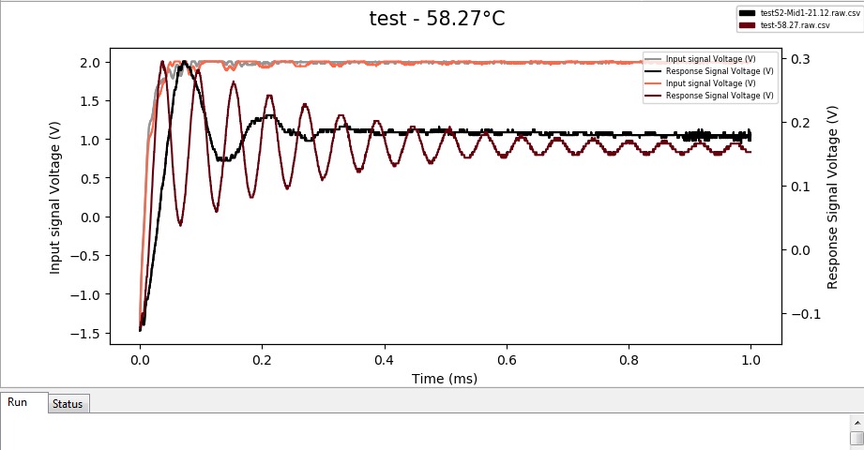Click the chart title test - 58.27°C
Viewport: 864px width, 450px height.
pyautogui.click(x=439, y=19)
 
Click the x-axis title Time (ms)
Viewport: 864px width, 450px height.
pyautogui.click(x=445, y=379)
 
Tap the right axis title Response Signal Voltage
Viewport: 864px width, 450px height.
pyautogui.click(x=832, y=197)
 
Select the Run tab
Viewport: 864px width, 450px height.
pyautogui.click(x=18, y=402)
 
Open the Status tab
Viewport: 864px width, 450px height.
pyautogui.click(x=68, y=404)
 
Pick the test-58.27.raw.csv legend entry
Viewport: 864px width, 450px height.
pyautogui.click(x=794, y=25)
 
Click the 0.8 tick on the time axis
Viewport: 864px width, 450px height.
pyautogui.click(x=629, y=360)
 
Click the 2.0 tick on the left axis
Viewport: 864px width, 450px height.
pyautogui.click(x=92, y=63)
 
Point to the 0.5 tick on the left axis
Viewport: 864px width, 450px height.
pyautogui.click(x=92, y=179)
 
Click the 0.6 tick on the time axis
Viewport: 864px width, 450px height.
pyautogui.click(x=507, y=360)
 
